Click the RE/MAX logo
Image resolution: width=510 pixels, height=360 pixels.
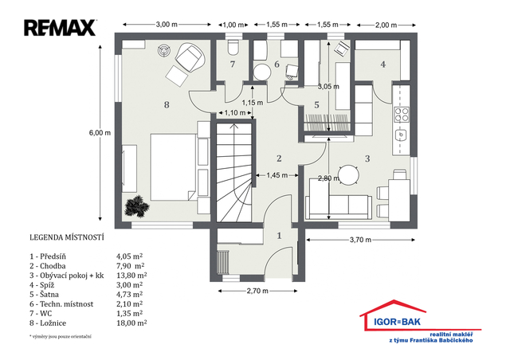[x=61, y=28]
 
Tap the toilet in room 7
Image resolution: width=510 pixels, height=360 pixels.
[x=233, y=47]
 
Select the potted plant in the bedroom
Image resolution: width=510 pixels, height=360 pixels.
[x=137, y=206]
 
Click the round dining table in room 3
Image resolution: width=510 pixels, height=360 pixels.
[x=348, y=175]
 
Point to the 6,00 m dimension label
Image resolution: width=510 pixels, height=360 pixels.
[x=100, y=133]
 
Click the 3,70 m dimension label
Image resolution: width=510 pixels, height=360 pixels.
[x=360, y=240]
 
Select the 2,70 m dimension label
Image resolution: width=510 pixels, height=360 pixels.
[x=257, y=291]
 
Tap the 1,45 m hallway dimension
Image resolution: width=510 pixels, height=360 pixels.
[x=277, y=175]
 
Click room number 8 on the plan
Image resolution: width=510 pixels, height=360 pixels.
[x=167, y=104]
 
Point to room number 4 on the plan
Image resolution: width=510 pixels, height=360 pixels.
[x=383, y=65]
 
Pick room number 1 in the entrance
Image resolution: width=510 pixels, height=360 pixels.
[x=279, y=236]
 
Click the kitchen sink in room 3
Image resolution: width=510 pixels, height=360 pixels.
[x=402, y=135]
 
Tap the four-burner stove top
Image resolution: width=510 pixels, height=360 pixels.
[x=402, y=114]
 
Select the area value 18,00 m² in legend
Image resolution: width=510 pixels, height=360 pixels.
[x=131, y=323]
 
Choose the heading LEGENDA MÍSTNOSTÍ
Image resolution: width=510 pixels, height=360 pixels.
[x=67, y=237]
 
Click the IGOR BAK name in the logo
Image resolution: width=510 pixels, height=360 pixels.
[x=397, y=322]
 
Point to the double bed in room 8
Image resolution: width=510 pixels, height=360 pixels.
[x=173, y=166]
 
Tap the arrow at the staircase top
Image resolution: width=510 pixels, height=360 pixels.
[x=233, y=126]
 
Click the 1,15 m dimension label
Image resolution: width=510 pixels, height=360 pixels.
[x=253, y=103]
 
